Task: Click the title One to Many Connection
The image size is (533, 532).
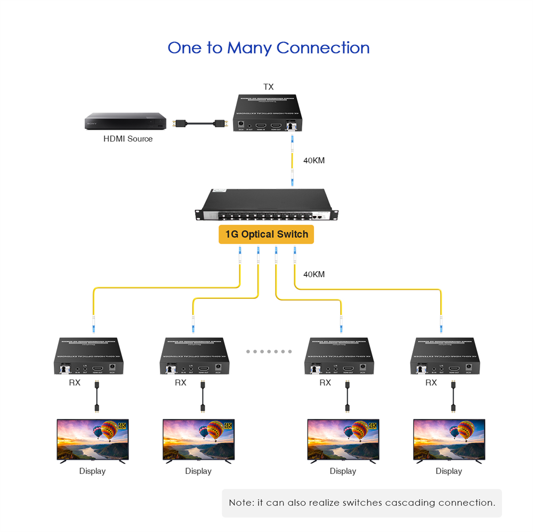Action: (268, 48)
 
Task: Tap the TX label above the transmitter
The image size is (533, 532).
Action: (269, 87)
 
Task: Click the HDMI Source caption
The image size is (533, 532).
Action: (128, 139)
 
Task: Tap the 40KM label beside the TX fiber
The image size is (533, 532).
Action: (314, 160)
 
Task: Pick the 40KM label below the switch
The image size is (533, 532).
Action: (314, 274)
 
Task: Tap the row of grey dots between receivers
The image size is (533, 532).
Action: (269, 351)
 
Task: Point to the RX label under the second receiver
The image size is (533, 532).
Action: (181, 382)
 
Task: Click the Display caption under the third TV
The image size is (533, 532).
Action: (343, 471)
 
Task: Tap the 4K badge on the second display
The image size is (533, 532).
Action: (228, 425)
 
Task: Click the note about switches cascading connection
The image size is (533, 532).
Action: (362, 503)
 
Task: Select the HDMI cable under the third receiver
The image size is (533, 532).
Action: (347, 397)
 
